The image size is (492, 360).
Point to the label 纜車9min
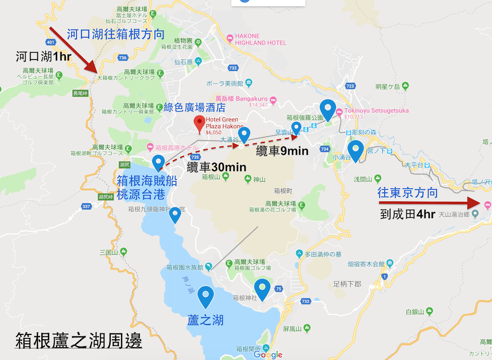coord(282,151)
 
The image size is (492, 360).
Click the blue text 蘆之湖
coord(206,320)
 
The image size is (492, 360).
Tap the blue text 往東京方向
coord(407,193)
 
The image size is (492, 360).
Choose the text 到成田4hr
coord(408,214)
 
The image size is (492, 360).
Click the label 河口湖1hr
coord(44,57)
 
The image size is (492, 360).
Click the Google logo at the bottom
coord(268,355)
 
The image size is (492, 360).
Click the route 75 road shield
coord(278,289)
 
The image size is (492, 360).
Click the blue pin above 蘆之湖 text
coord(205,296)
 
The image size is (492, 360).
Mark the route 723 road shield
coord(350,86)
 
